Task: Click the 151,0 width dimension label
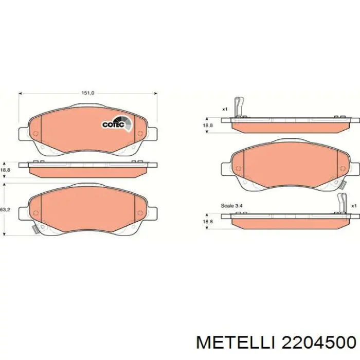tap(88, 93)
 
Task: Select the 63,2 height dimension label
tap(5, 210)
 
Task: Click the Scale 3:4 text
tap(233, 206)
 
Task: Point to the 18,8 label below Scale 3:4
tap(207, 221)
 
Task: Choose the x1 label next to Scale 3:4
tap(353, 206)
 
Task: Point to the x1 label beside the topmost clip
tap(225, 109)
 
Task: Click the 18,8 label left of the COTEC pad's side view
tap(5, 170)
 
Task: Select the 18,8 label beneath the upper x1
tap(207, 125)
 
